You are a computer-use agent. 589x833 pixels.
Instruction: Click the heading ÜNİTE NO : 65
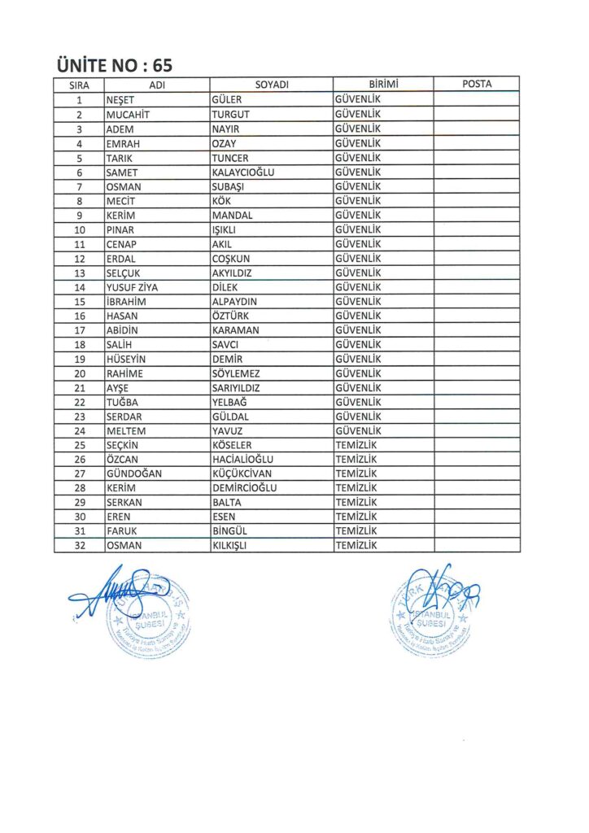[115, 65]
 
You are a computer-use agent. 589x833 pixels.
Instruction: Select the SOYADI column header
[272, 85]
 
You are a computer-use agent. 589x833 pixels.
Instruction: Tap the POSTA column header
[476, 84]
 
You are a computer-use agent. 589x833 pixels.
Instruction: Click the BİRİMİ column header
[382, 85]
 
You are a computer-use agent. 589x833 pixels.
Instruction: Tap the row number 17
[80, 330]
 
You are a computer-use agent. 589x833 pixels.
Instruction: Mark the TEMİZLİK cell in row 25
[356, 445]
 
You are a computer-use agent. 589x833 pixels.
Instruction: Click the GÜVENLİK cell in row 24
[358, 430]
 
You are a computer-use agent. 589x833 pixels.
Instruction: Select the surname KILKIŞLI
[229, 546]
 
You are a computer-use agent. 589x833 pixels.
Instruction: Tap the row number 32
[80, 546]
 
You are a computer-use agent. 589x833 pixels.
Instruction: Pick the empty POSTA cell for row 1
[476, 99]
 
